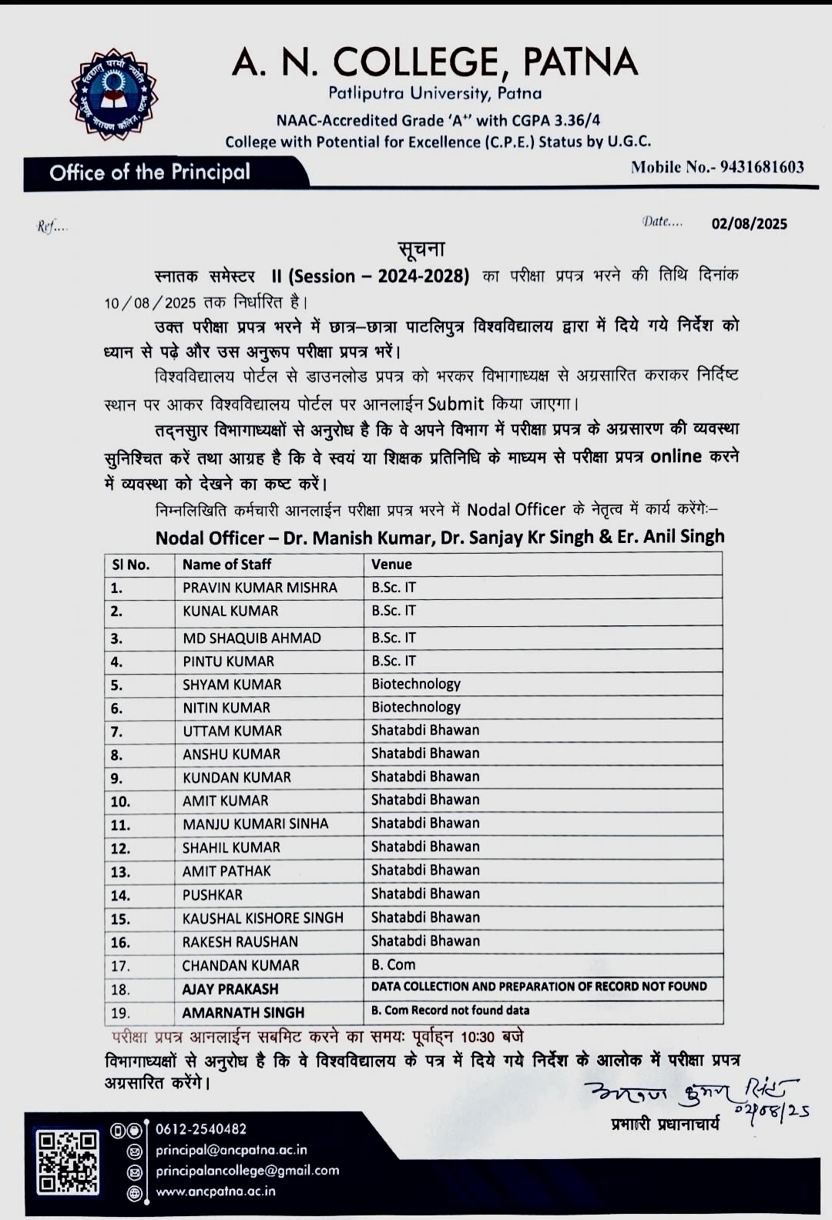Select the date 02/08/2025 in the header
(749, 224)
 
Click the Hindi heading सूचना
(421, 249)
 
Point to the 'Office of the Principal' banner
(150, 173)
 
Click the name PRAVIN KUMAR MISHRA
(260, 588)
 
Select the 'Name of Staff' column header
(226, 565)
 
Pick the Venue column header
(391, 565)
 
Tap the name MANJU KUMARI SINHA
(255, 824)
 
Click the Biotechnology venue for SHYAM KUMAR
(416, 684)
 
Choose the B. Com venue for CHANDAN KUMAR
(393, 965)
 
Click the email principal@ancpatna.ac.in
(231, 1151)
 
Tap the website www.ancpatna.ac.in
(216, 1192)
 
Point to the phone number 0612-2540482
(201, 1130)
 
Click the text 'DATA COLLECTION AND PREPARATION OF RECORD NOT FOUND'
(538, 987)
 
